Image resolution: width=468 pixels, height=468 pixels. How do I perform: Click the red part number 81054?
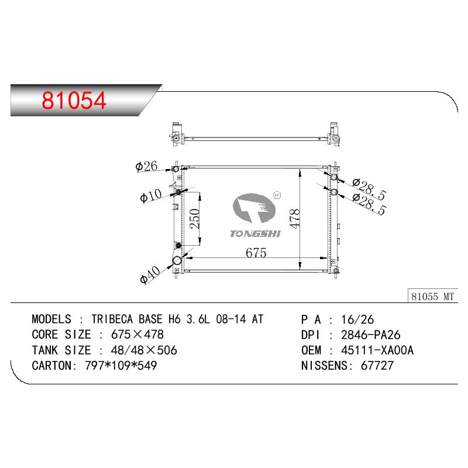tap(74, 100)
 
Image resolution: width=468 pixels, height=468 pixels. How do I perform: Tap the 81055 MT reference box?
tap(432, 296)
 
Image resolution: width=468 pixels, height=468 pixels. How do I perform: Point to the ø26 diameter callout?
tap(146, 166)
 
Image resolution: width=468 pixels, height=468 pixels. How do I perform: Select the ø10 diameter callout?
tap(151, 195)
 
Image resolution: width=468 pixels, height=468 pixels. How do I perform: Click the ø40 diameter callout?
tap(150, 274)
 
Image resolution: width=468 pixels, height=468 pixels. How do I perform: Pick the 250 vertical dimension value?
tap(195, 219)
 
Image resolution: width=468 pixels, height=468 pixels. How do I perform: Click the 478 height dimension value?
tap(295, 219)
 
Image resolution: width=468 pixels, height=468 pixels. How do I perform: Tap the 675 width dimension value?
tap(256, 253)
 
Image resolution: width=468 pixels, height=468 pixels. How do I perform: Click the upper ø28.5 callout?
tap(369, 189)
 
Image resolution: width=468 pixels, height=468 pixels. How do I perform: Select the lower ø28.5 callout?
tap(369, 204)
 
